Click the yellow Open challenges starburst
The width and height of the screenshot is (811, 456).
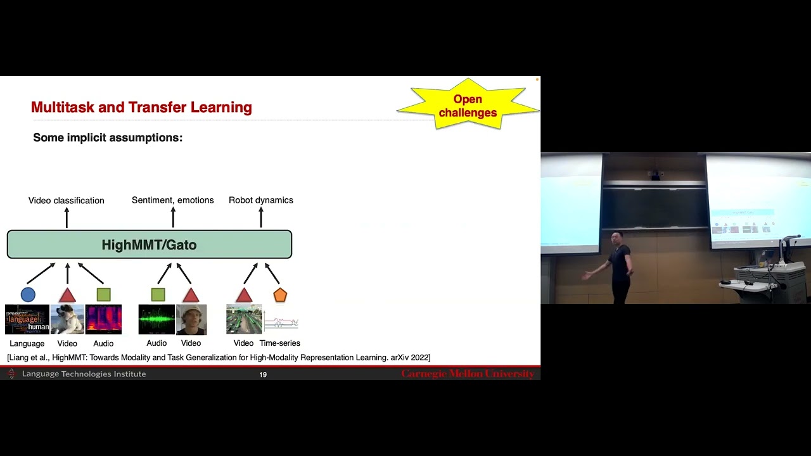[468, 106]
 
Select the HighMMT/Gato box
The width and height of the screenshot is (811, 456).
[149, 244]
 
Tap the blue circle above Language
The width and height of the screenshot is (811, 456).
[28, 294]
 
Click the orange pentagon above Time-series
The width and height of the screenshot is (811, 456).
[280, 295]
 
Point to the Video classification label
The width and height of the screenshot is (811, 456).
[66, 200]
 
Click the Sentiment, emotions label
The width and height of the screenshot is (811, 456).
[172, 200]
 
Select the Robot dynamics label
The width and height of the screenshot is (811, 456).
[260, 200]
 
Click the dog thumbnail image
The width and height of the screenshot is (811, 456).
[67, 319]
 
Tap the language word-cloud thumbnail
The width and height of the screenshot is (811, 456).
[27, 319]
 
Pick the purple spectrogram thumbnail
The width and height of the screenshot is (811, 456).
[103, 319]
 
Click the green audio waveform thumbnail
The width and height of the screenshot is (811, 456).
[156, 319]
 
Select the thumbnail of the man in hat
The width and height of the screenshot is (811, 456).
[191, 319]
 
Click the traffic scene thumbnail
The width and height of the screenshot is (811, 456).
[244, 319]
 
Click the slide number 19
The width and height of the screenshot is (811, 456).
[263, 375]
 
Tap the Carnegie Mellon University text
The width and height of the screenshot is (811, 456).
[468, 374]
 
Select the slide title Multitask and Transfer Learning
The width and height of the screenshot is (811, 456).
[141, 108]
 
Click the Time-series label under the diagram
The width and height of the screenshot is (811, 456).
[279, 343]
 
